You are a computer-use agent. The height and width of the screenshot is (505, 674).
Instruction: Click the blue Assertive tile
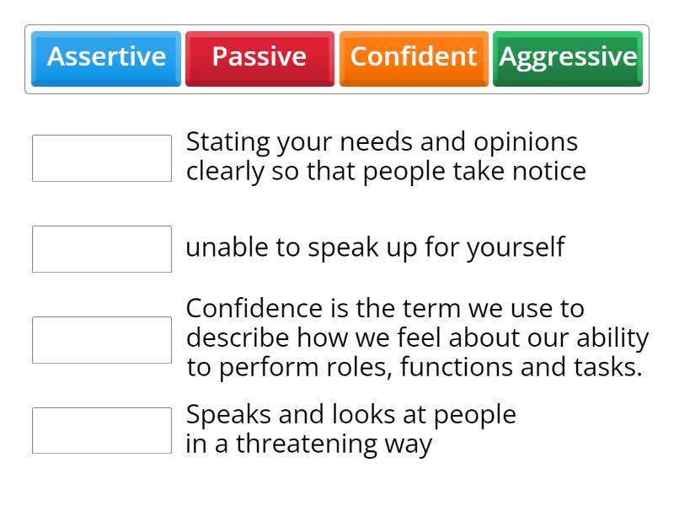106,57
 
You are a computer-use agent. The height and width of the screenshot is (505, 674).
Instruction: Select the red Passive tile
259,57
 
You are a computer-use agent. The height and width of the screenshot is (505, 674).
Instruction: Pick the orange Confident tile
414,57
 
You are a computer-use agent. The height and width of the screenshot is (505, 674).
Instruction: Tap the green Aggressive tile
568,57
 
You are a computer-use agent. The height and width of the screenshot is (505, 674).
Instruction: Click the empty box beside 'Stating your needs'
102,158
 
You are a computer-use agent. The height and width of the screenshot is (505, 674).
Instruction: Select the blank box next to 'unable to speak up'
102,249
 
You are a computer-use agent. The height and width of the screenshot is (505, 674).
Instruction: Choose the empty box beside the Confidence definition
102,340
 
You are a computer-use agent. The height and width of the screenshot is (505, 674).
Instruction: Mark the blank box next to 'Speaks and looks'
102,431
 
